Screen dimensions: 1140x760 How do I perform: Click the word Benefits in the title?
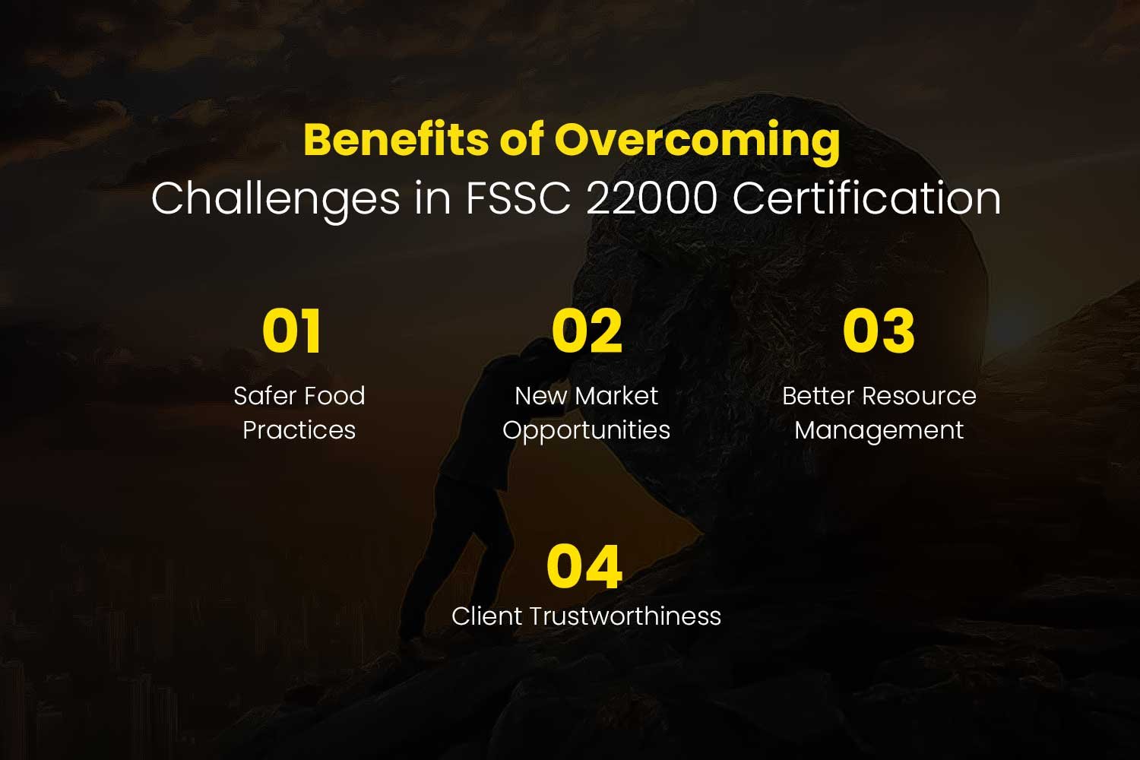396,140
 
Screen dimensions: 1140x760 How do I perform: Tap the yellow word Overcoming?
697,143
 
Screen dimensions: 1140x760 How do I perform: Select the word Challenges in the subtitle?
275,199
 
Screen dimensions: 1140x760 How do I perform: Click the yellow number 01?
292,331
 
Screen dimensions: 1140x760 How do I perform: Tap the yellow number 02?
587,331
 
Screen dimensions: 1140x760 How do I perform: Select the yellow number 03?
879,331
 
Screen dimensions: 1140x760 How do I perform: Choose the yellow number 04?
584,566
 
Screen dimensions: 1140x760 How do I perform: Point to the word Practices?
299,430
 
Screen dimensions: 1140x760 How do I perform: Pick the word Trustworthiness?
625,616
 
